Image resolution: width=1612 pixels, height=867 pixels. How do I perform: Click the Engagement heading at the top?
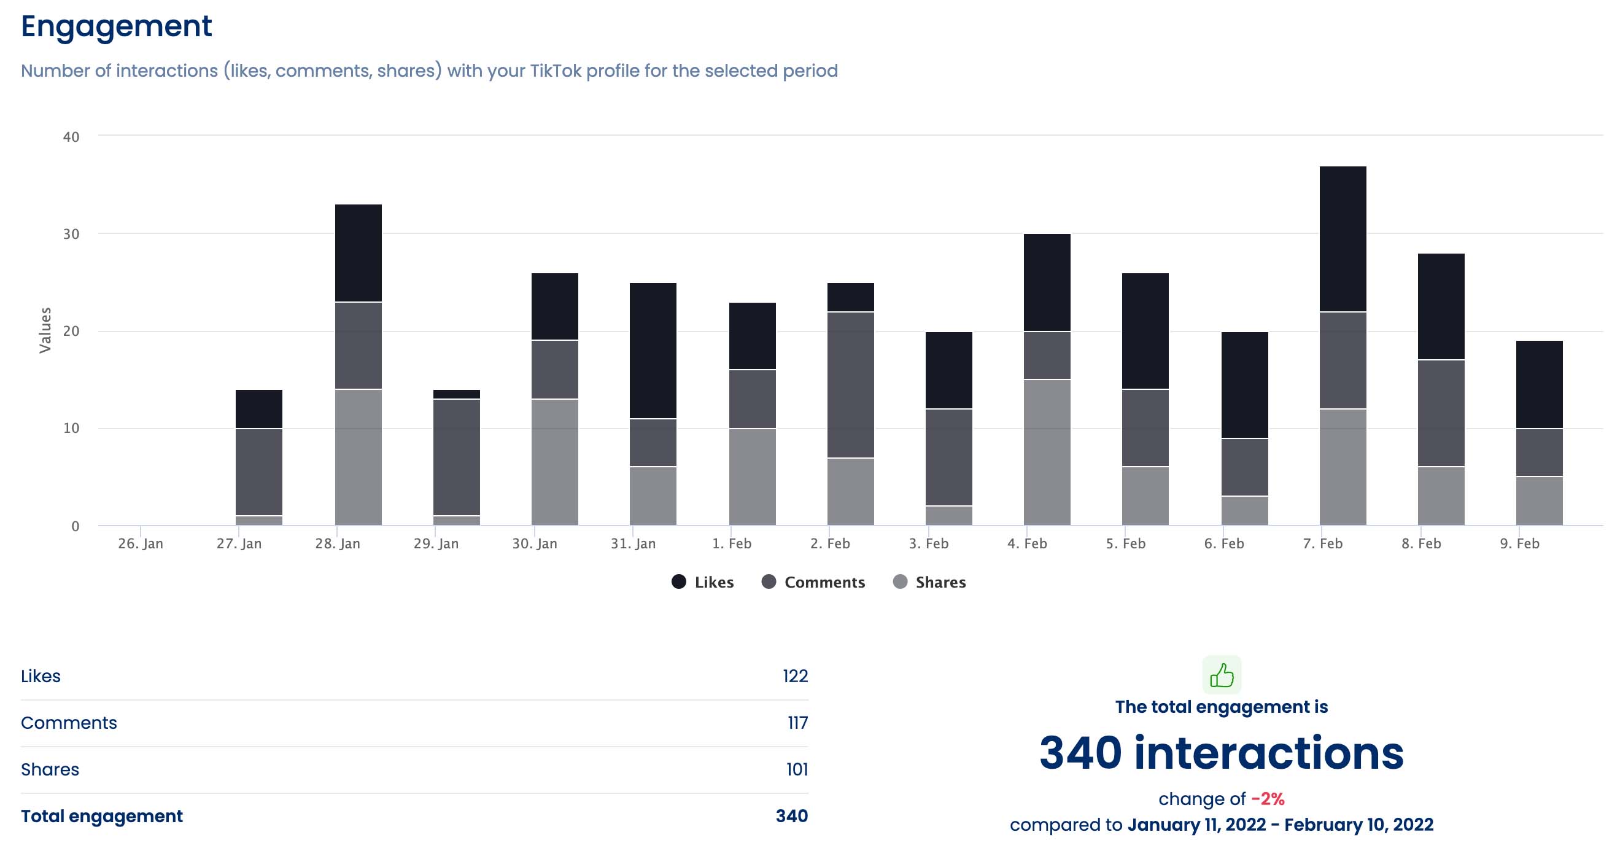117,26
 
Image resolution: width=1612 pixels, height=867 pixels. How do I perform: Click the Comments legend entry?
813,582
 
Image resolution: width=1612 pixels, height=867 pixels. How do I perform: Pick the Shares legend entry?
929,582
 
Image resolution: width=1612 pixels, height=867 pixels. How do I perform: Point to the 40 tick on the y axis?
71,136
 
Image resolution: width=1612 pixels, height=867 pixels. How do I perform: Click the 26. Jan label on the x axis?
140,543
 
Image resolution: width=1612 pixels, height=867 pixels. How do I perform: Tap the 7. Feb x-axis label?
1322,543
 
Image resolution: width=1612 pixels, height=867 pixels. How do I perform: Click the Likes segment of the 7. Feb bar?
1343,238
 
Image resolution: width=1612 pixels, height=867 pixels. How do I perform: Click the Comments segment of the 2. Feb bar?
850,384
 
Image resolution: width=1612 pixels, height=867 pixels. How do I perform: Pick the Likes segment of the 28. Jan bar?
358,253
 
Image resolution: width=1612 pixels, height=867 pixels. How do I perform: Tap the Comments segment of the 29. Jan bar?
456,457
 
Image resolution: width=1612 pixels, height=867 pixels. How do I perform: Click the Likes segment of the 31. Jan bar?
653,351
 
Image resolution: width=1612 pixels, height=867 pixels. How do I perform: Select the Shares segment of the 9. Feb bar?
1539,501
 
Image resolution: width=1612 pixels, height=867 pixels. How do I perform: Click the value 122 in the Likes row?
795,676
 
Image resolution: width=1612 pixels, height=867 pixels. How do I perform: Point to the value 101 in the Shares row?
797,769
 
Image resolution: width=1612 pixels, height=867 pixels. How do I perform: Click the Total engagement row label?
101,816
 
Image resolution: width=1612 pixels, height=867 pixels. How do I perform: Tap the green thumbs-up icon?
1222,675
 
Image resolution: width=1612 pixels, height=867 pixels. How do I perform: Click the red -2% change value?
1267,799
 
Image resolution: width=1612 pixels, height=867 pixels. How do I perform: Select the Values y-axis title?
45,330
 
